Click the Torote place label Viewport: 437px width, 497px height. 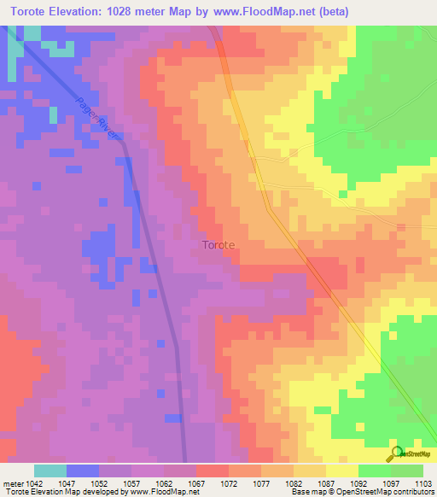click(218, 245)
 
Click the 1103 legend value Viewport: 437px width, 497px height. click(422, 483)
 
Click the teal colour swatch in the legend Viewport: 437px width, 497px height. click(50, 471)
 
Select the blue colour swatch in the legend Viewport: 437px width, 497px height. click(83, 471)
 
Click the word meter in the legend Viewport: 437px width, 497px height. click(12, 483)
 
